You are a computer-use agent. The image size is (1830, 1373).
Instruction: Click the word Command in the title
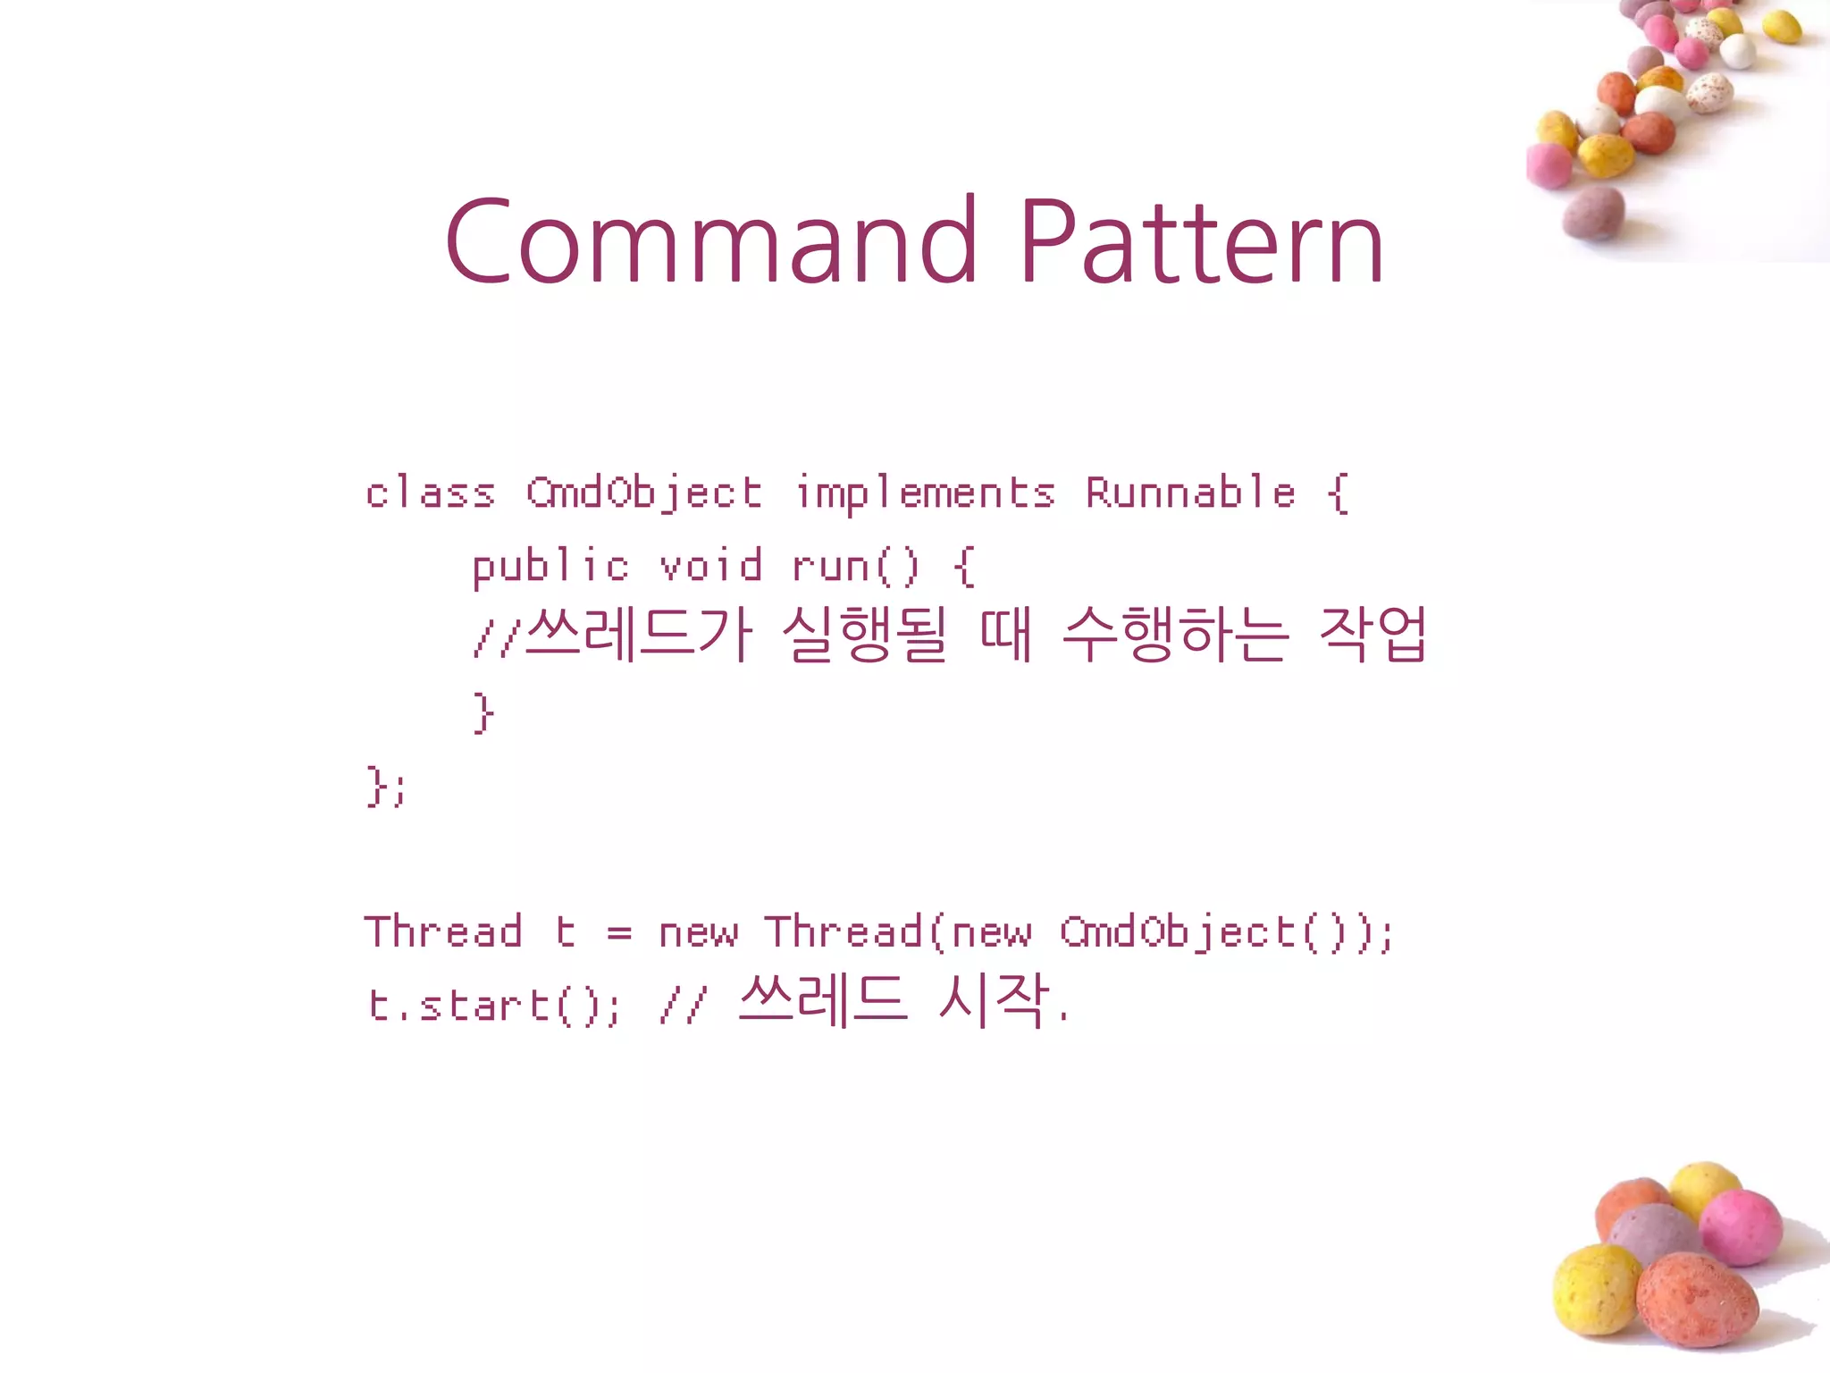point(710,241)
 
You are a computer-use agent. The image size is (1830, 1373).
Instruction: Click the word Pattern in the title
point(1201,241)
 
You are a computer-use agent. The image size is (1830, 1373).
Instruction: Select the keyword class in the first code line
point(430,493)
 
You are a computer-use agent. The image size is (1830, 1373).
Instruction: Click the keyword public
point(550,568)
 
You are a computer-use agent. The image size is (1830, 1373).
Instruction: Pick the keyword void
point(710,566)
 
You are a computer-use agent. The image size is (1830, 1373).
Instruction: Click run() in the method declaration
point(855,568)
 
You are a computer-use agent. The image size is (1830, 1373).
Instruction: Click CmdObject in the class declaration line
point(643,493)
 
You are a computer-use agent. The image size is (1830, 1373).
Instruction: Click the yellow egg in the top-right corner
point(1781,27)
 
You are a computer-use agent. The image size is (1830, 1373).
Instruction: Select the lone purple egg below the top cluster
point(1593,213)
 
